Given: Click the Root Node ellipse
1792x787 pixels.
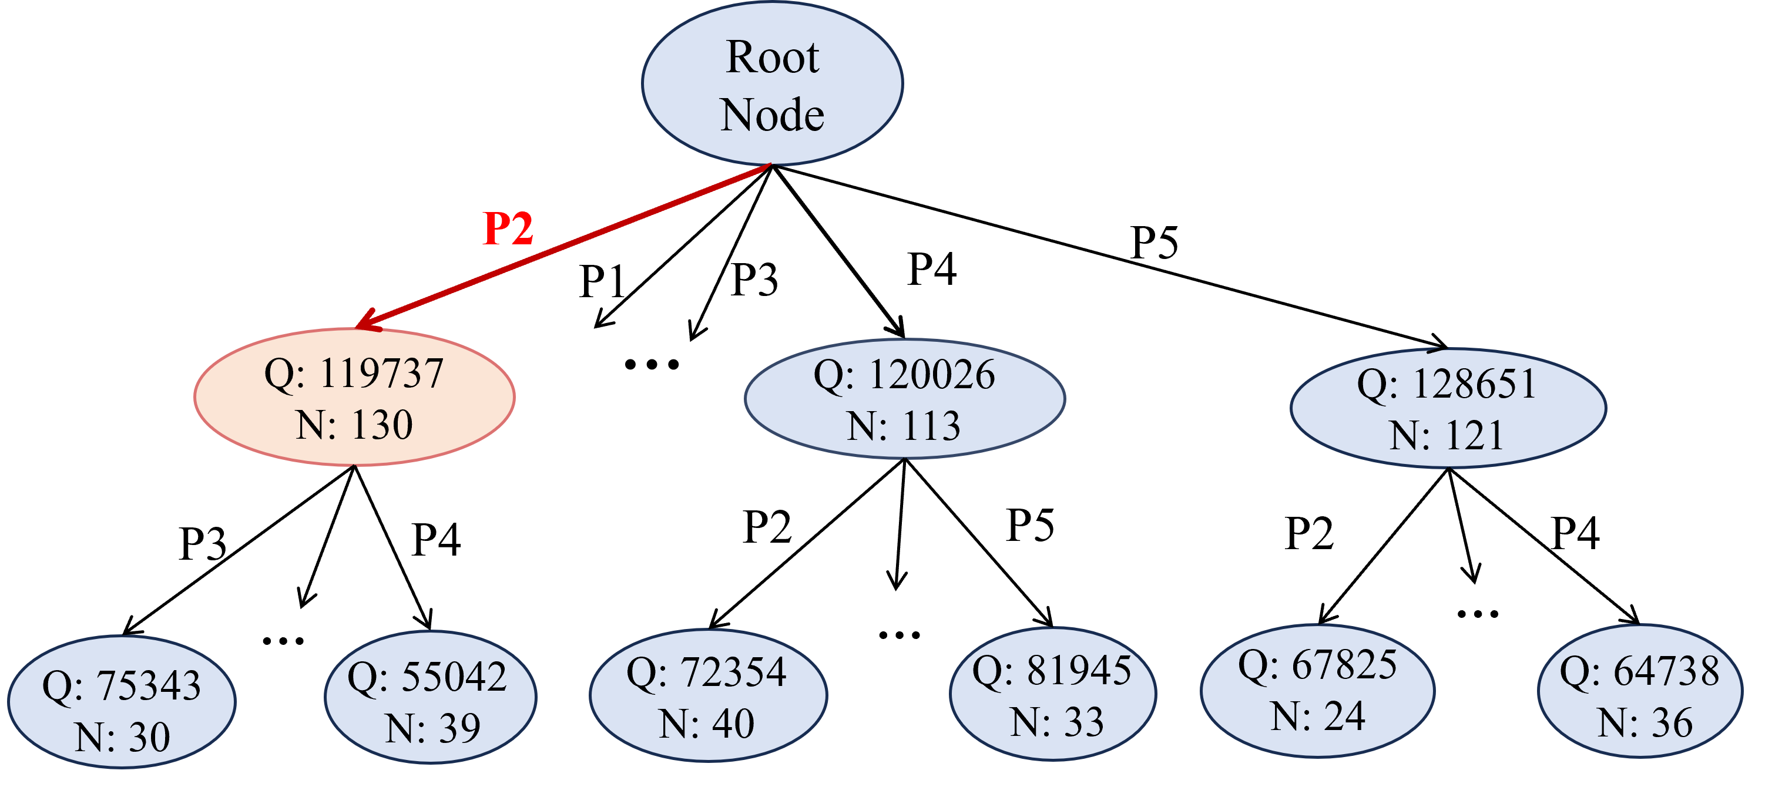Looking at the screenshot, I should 772,83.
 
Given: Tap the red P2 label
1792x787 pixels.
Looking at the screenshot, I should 508,228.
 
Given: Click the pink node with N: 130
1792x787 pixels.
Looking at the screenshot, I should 354,397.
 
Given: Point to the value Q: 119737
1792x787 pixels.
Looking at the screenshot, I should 354,374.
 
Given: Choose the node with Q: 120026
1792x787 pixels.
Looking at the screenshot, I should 904,399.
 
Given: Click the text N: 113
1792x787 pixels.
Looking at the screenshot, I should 903,425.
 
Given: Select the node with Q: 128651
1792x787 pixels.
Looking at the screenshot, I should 1448,409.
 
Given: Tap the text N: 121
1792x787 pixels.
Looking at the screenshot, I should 1447,436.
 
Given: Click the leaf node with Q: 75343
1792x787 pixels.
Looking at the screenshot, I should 122,702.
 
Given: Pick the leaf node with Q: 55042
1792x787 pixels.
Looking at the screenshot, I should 431,697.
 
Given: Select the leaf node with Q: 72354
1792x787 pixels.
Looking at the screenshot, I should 708,695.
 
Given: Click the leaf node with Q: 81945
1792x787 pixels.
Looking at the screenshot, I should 1052,694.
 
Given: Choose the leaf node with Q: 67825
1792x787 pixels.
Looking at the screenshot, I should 1317,690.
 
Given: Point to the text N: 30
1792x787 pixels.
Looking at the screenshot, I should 122,737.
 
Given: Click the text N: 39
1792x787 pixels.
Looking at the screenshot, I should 432,728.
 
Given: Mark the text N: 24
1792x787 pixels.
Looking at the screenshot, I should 1318,716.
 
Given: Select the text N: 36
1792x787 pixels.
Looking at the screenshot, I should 1645,722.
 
